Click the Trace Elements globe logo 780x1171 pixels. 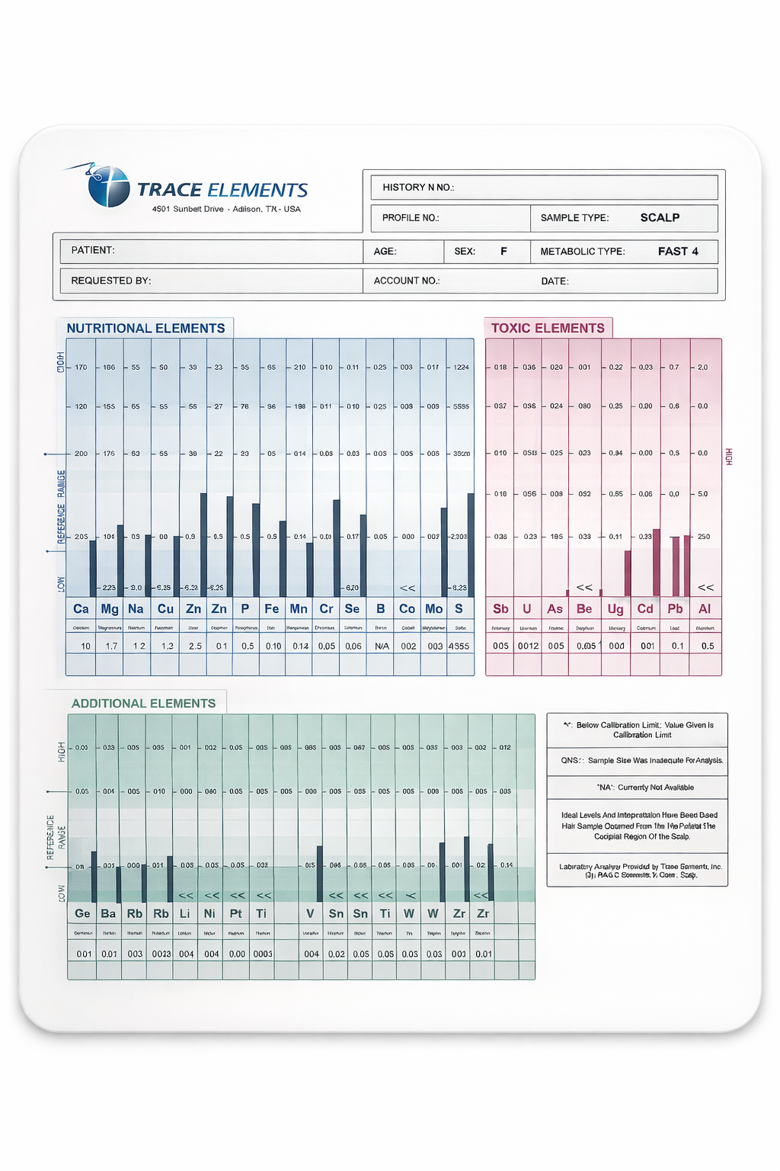point(107,186)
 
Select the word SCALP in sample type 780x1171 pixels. point(660,217)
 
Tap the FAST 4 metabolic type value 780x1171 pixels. point(678,251)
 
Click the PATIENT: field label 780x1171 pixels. point(93,250)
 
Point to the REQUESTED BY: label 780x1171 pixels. point(111,281)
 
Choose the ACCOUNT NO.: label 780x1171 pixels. point(407,281)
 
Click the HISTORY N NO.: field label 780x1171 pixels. point(418,187)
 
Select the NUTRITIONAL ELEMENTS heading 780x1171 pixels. point(145,328)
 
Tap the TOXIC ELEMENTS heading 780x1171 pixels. point(548,328)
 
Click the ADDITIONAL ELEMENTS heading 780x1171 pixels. point(143,703)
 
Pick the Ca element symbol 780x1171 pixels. point(81,608)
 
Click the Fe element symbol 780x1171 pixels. point(271,608)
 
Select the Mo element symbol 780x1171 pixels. point(433,608)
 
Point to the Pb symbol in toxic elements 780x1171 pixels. point(675,608)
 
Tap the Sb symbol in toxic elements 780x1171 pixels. point(500,608)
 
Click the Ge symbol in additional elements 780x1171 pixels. point(82,913)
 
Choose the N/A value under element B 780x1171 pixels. point(382,646)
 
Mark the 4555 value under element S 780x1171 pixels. point(459,646)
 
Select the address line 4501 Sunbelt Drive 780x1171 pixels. point(226,209)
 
